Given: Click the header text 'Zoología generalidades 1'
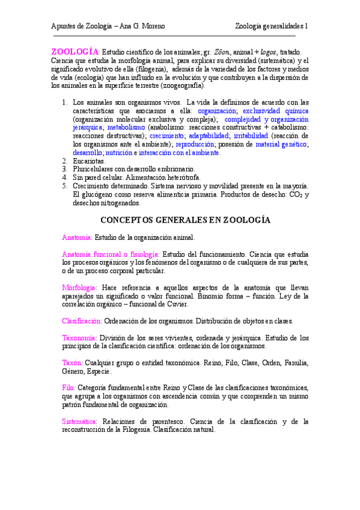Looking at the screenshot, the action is pyautogui.click(x=271, y=26).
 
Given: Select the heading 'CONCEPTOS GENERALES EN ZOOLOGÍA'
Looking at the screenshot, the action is pyautogui.click(x=185, y=220).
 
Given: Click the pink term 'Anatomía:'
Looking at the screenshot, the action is pyautogui.click(x=77, y=238).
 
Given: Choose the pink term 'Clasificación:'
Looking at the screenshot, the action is pyautogui.click(x=82, y=321).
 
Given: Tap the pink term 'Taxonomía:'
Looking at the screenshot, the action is pyautogui.click(x=79, y=337).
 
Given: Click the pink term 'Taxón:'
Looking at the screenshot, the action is pyautogui.click(x=73, y=363).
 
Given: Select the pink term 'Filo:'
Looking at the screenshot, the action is pyautogui.click(x=69, y=388).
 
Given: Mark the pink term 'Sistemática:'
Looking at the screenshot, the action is pyautogui.click(x=80, y=422).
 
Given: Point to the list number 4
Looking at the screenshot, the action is pyautogui.click(x=65, y=178).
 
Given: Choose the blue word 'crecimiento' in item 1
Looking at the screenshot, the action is pyautogui.click(x=168, y=136).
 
